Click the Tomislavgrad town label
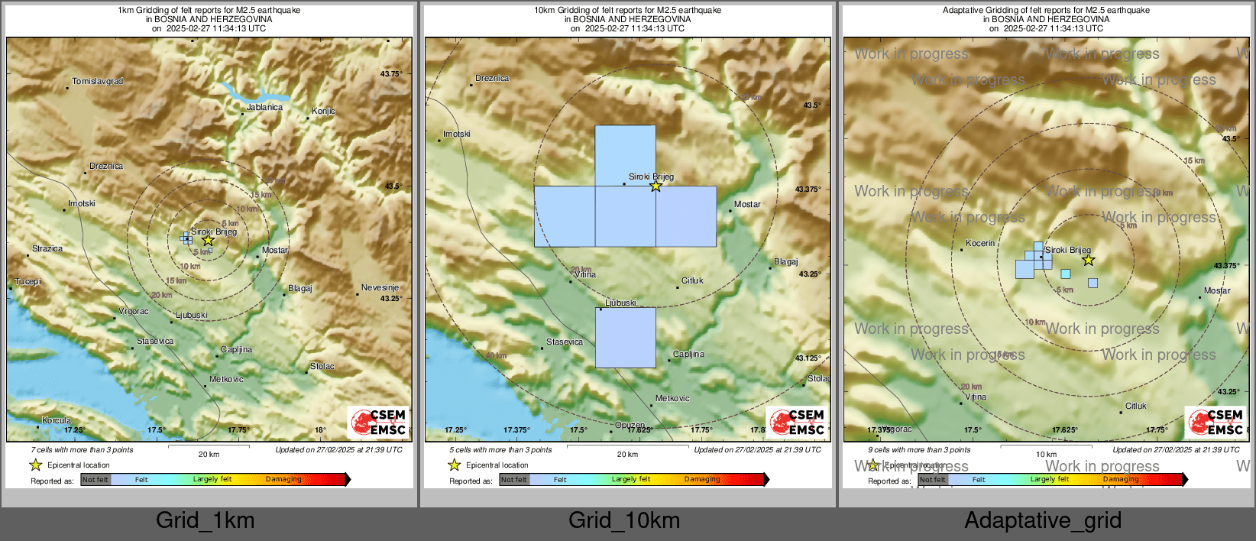97,81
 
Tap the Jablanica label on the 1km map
264,107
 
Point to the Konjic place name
323,111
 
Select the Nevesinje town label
380,287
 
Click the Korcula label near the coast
57,420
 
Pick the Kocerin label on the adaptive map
980,243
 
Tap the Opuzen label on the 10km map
630,425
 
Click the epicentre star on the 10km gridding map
656,186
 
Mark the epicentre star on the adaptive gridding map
1089,261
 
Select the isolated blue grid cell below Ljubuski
625,338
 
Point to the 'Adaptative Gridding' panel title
1046,10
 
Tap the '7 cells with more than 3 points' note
82,449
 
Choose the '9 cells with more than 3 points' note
919,449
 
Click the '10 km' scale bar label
1046,454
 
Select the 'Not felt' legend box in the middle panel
514,480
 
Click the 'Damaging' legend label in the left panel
283,479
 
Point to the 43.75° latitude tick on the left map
390,74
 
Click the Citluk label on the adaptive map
1135,406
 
